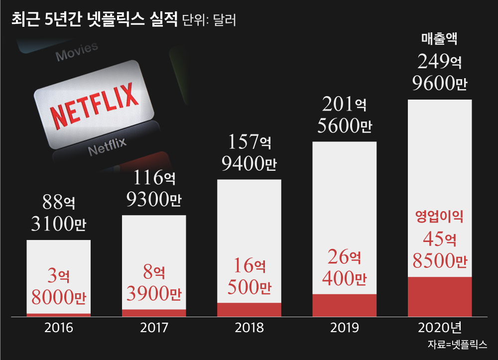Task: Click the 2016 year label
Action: tap(59, 328)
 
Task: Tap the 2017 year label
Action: tap(154, 328)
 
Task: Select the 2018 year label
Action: tap(249, 328)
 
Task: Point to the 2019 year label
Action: tap(345, 328)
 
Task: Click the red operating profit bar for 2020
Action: tap(440, 296)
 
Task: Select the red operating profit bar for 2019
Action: tap(345, 305)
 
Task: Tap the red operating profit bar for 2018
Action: tap(249, 309)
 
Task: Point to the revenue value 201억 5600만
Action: tap(345, 116)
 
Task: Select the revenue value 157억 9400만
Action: tap(249, 153)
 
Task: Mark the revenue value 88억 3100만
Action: tap(59, 214)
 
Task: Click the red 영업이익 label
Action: tap(440, 217)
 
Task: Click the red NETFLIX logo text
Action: tap(94, 105)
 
